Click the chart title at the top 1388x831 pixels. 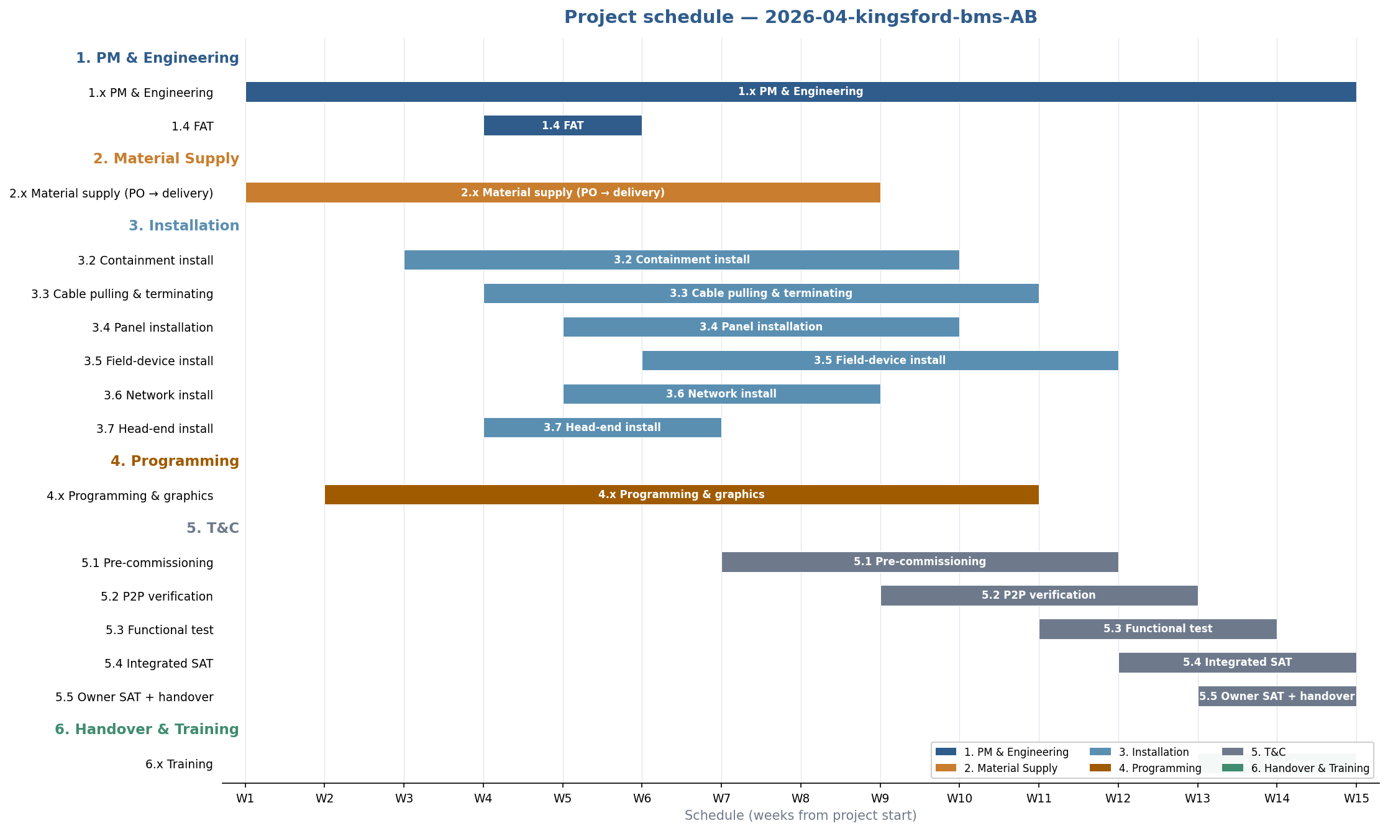pos(800,17)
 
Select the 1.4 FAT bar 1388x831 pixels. pos(562,125)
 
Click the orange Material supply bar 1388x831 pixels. pos(562,193)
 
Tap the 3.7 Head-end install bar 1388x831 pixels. pos(602,427)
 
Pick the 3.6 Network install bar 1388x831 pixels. pos(721,394)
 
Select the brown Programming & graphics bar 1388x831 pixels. pos(681,494)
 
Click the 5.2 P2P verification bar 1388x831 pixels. pos(1038,595)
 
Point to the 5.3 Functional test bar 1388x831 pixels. pos(1157,629)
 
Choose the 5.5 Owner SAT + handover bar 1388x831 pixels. pos(1277,696)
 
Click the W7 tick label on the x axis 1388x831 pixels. pos(721,798)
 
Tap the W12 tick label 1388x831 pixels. pos(1118,798)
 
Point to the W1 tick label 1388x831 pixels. pos(245,798)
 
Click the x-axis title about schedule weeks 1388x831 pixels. pos(800,815)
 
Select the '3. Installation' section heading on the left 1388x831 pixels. pos(184,225)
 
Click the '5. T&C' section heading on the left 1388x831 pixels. pos(212,528)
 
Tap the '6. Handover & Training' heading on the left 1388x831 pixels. pos(147,729)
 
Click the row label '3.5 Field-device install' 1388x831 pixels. pos(148,361)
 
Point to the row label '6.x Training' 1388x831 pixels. pos(179,764)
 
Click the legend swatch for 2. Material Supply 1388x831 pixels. pos(946,768)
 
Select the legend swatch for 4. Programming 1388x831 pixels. pos(1100,768)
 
